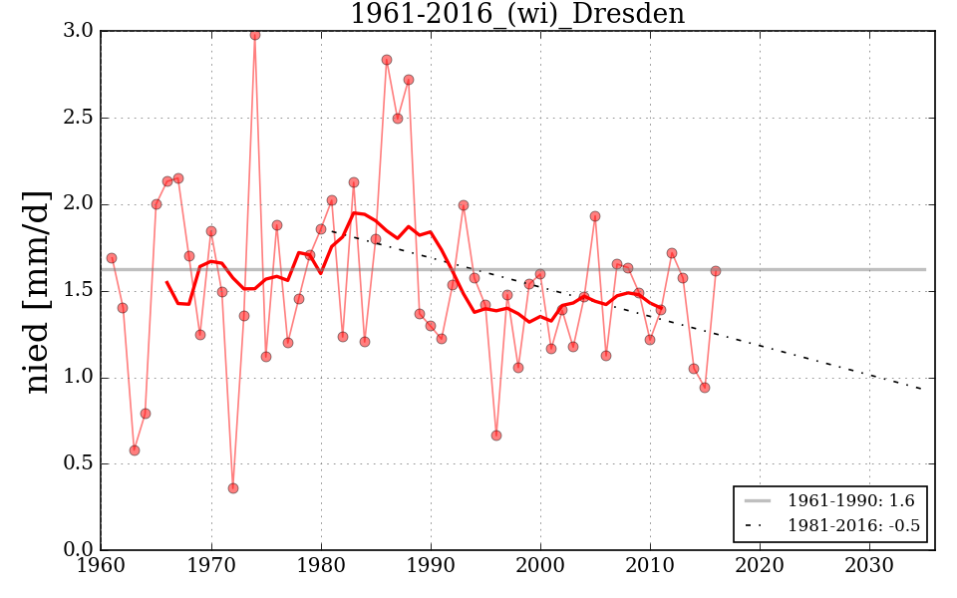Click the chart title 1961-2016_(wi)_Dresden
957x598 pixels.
(x=516, y=14)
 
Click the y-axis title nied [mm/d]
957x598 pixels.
(x=38, y=291)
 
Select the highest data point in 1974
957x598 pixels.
(x=255, y=35)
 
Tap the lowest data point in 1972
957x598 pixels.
(x=233, y=488)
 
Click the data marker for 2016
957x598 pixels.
(x=716, y=271)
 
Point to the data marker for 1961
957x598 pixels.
(x=112, y=258)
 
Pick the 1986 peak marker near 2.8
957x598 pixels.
(x=387, y=60)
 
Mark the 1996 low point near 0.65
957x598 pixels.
(x=496, y=436)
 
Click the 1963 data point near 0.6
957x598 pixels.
(x=135, y=450)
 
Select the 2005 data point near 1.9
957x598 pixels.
(x=595, y=216)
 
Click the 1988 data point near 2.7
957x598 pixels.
(x=409, y=80)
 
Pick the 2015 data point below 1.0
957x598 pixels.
(x=705, y=388)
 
